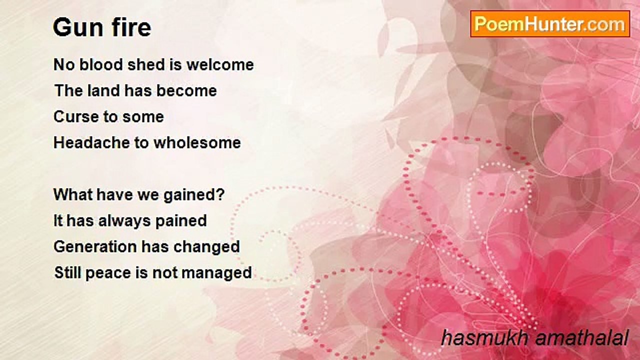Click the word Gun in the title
click(x=77, y=27)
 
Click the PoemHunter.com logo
click(x=550, y=24)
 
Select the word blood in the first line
click(x=101, y=64)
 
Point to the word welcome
click(x=220, y=64)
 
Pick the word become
click(x=186, y=90)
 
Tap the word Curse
click(x=76, y=116)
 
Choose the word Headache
click(x=91, y=142)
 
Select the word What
click(x=73, y=194)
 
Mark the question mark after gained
click(x=220, y=194)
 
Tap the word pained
click(x=181, y=221)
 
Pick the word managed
click(x=216, y=273)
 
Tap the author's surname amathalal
click(x=581, y=337)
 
